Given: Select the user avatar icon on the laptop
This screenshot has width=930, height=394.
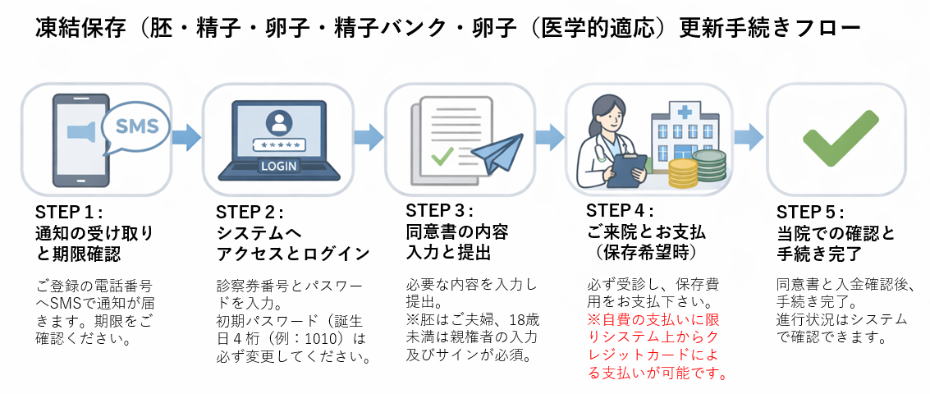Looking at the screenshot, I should pos(280,123).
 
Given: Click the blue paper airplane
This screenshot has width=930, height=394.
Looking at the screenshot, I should pos(497,153).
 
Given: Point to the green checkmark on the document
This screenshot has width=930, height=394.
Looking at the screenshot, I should pos(443,155).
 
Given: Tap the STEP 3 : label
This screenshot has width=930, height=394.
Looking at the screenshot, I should pos(439,211).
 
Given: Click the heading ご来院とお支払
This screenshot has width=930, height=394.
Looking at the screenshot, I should pos(645,232).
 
